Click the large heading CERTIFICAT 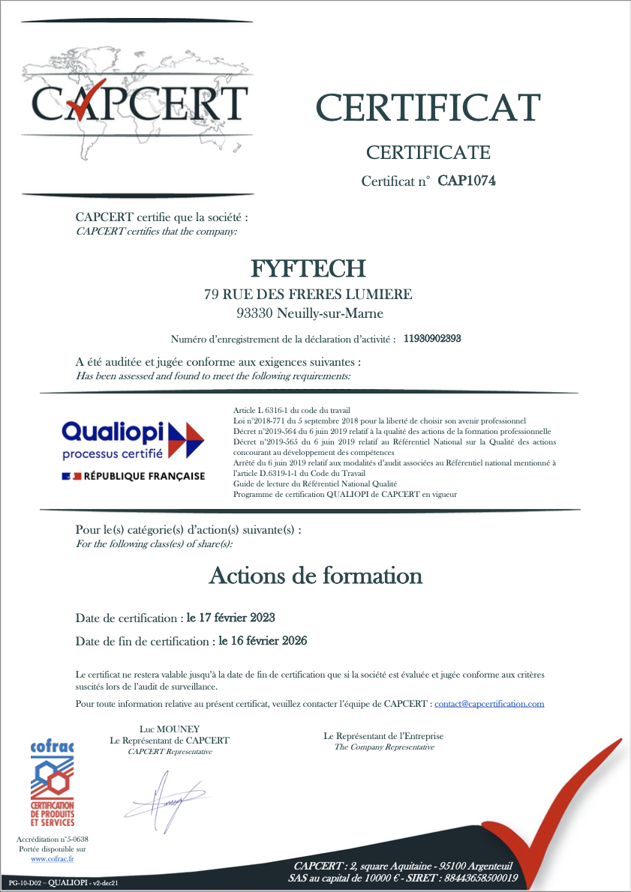(428, 107)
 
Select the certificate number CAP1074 (467, 181)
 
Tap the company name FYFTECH (308, 268)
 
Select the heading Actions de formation (315, 576)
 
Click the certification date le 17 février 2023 (231, 618)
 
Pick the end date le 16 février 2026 (263, 642)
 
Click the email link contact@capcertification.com (489, 704)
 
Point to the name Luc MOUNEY (170, 729)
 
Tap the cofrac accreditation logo (52, 782)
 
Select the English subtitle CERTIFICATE (428, 153)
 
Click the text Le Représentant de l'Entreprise (383, 736)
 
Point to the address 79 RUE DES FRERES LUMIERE (308, 295)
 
